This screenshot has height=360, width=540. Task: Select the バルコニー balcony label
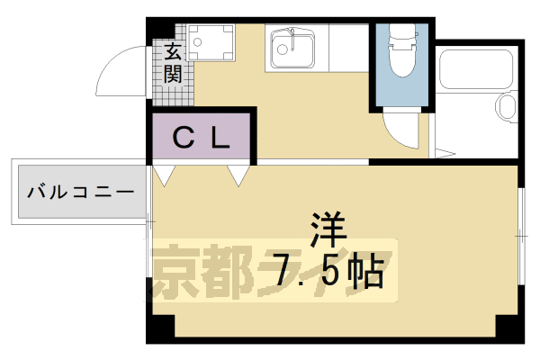pyautogui.click(x=80, y=193)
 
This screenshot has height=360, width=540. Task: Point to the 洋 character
pyautogui.click(x=328, y=227)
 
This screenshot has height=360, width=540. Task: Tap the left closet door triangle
pyautogui.click(x=165, y=174)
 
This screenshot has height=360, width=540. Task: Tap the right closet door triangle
pyautogui.click(x=239, y=174)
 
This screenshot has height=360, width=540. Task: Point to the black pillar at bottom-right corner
pyautogui.click(x=513, y=333)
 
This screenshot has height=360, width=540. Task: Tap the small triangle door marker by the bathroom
pyautogui.click(x=442, y=150)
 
